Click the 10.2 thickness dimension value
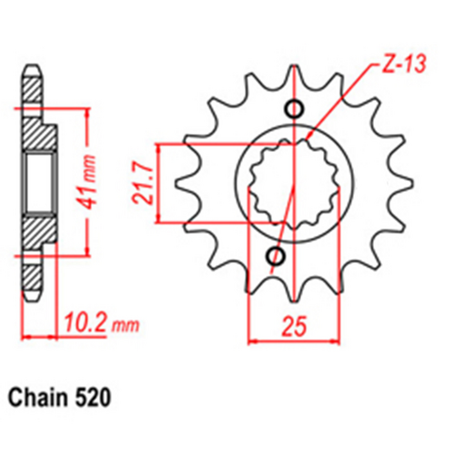click(x=81, y=320)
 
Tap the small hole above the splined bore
click(x=294, y=110)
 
